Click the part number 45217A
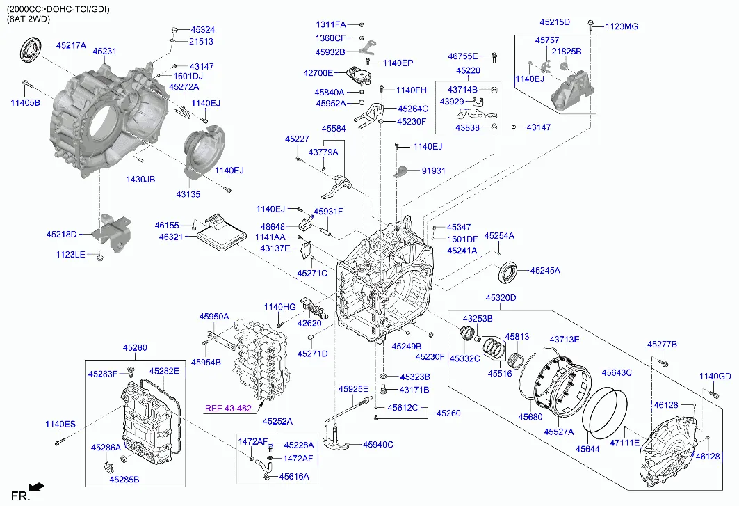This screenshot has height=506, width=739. pyautogui.click(x=71, y=45)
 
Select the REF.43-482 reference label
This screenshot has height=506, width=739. pyautogui.click(x=227, y=408)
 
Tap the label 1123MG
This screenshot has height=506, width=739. pyautogui.click(x=622, y=26)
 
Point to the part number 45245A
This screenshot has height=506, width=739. pyautogui.click(x=545, y=270)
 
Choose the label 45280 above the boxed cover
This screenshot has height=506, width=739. pyautogui.click(x=135, y=347)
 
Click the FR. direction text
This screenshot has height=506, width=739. pyautogui.click(x=17, y=495)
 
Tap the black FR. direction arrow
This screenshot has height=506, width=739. pyautogui.click(x=38, y=487)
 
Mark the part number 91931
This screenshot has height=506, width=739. pyautogui.click(x=433, y=171)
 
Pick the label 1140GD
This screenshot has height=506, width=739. pyautogui.click(x=715, y=377)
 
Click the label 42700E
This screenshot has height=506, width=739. pyautogui.click(x=318, y=72)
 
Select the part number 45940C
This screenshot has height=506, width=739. pyautogui.click(x=378, y=445)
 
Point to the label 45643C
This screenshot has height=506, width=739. pyautogui.click(x=617, y=373)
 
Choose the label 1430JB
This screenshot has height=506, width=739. pyautogui.click(x=140, y=180)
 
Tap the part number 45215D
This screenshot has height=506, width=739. pyautogui.click(x=555, y=22)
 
